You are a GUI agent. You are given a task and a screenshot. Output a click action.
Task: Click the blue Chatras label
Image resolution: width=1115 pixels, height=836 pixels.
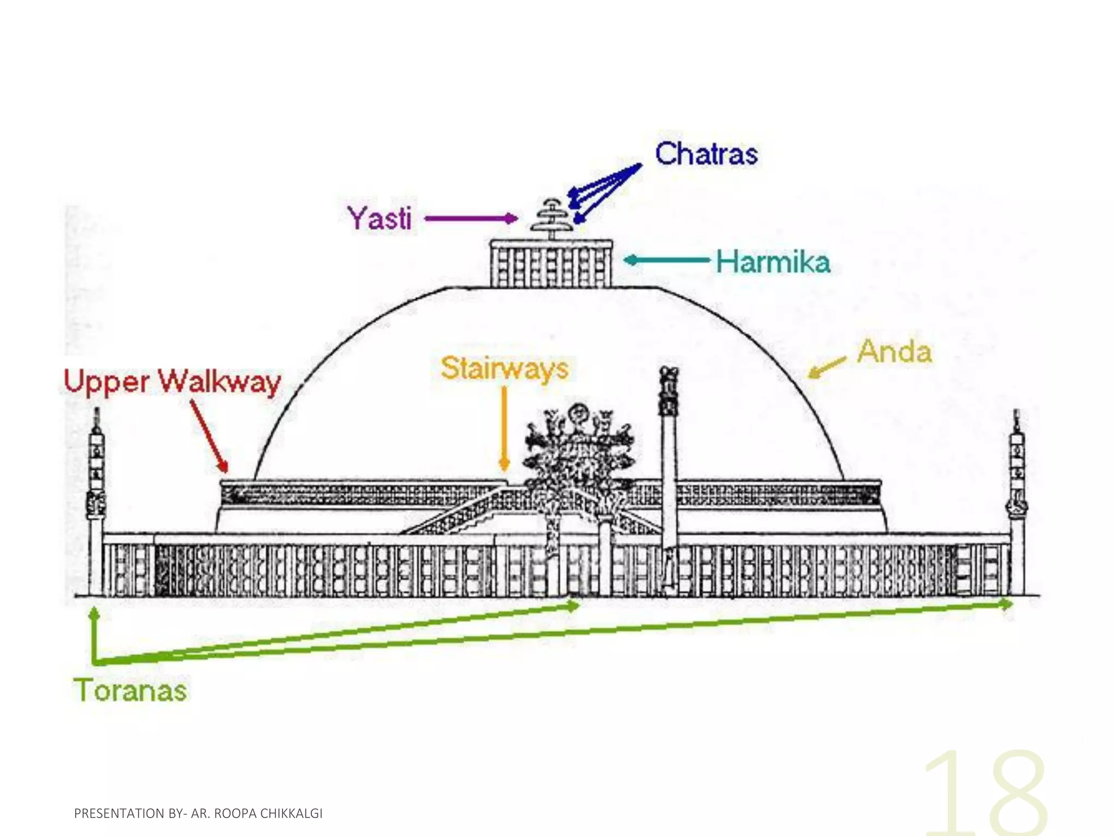pos(706,154)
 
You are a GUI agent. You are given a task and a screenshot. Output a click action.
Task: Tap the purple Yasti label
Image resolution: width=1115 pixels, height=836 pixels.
pos(380,219)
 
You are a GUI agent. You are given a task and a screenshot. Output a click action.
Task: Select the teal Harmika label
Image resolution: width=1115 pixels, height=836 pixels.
pos(773,262)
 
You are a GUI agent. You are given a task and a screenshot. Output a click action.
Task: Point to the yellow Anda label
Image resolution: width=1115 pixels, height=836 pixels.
pos(895,352)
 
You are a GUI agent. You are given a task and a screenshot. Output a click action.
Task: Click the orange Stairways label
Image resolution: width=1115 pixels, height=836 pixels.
pos(505,368)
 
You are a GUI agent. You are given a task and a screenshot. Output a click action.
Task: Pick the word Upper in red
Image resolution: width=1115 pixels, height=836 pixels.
pos(107,382)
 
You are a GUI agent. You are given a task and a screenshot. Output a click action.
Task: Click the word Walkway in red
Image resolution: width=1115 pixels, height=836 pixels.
pos(220,382)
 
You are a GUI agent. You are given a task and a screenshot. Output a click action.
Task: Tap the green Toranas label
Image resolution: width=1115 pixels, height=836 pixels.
pos(130,690)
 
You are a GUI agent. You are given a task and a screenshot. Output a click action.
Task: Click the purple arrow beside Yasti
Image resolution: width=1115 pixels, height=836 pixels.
pos(471,219)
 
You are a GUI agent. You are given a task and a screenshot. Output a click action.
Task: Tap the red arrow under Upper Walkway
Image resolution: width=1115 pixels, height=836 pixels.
pos(210,436)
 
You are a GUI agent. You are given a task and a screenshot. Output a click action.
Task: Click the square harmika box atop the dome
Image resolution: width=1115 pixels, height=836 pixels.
pos(551,264)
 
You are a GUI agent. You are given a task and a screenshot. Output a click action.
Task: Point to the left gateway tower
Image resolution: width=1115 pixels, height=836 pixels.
pos(96,506)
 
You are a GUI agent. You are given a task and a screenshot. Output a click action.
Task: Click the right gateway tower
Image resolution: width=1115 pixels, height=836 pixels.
pos(1016,506)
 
